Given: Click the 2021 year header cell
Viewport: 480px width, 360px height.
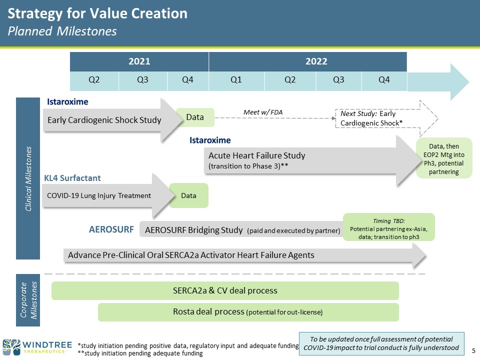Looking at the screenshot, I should pos(139,61).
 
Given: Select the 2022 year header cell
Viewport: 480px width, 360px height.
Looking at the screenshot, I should pos(307,61).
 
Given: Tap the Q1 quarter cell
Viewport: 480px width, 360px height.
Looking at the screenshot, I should pos(236,80).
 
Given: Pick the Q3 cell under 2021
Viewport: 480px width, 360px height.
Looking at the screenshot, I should pos(142,80).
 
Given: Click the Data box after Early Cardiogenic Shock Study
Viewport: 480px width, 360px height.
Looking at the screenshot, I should pos(195,117).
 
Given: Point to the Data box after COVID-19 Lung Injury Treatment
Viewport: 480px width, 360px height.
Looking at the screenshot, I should pos(188,195).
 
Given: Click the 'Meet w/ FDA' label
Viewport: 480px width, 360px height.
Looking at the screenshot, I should pos(263,112).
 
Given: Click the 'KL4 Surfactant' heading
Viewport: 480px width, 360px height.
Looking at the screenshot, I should pos(72,177).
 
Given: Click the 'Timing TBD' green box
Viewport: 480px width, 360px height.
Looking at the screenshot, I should pos(388,227).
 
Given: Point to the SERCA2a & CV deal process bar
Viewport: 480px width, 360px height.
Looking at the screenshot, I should pos(225,290).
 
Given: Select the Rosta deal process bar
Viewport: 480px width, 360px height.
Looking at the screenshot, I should pos(248,312).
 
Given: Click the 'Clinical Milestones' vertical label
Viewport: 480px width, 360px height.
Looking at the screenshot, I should pos(29,178).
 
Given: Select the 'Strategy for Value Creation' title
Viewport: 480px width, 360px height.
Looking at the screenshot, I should pos(97,13).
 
